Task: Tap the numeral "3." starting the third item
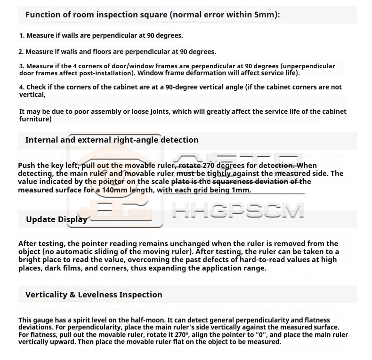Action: pos(22,66)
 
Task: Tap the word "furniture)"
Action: pos(35,119)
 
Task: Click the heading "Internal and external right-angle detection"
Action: pos(112,140)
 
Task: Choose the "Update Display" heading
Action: pos(57,219)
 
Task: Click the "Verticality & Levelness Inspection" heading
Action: pos(93,295)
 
